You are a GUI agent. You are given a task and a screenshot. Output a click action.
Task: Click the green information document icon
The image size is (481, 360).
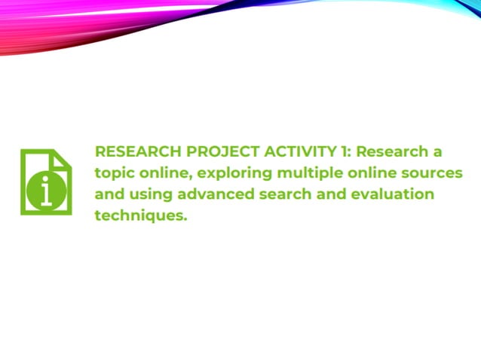[x=46, y=182]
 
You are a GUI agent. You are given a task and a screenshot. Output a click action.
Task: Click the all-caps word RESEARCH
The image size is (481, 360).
[x=133, y=151]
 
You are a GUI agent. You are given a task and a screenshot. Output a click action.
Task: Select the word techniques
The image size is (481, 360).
[x=140, y=216]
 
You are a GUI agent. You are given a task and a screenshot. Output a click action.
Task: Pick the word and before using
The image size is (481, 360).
[x=109, y=194]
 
